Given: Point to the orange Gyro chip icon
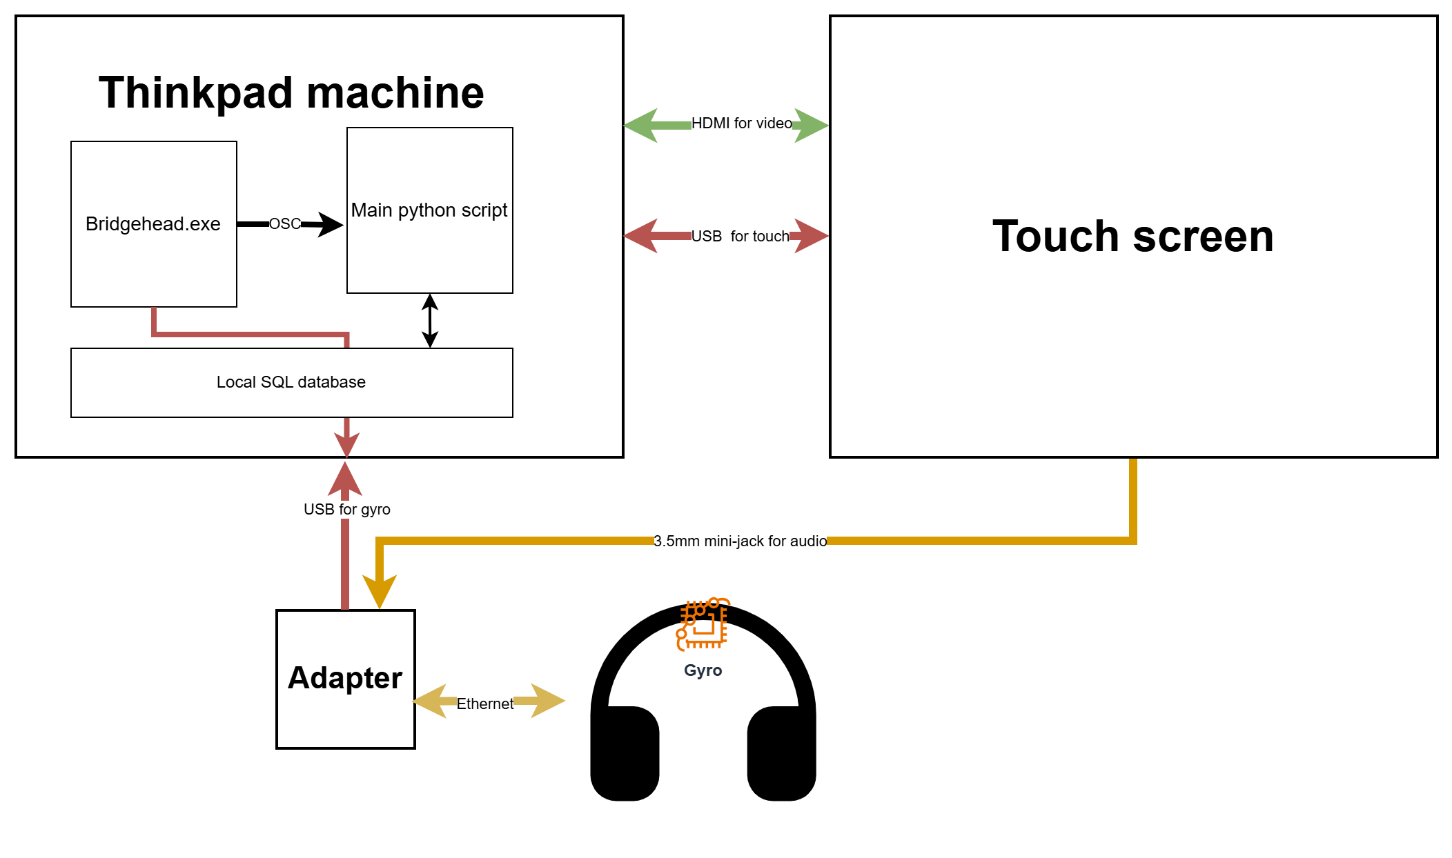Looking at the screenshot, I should click(x=703, y=623).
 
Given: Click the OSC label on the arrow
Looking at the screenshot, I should click(x=284, y=223).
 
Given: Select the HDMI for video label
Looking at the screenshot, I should click(x=742, y=123).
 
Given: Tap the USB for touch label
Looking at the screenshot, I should click(x=740, y=237).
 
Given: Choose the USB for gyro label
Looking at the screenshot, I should click(x=347, y=509).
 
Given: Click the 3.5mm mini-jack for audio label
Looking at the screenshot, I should click(x=740, y=541).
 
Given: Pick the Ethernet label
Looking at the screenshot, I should click(x=484, y=704).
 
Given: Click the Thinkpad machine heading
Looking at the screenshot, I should click(x=291, y=92).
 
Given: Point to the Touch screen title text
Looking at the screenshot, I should click(x=1133, y=236).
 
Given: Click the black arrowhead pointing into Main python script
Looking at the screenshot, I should click(x=331, y=224).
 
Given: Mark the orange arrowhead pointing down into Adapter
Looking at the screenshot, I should click(x=379, y=591).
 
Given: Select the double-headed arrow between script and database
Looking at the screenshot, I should click(x=430, y=321).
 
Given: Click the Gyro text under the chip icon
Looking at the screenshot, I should click(x=703, y=670).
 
